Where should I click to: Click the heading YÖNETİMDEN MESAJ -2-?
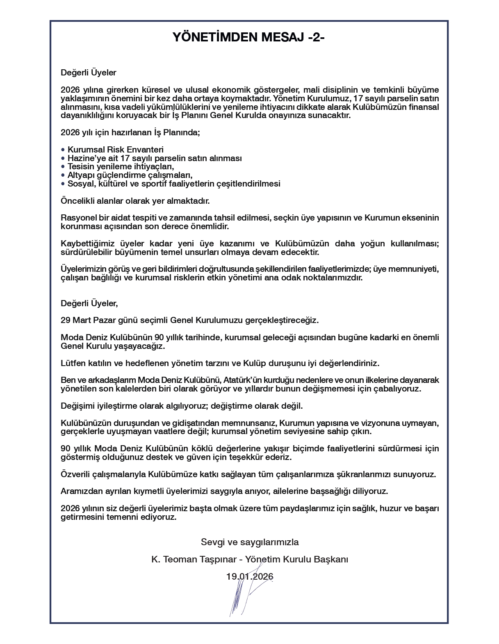[249, 38]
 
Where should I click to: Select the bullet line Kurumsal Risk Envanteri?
[115, 150]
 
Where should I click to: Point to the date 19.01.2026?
[250, 576]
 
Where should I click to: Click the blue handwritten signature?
[242, 594]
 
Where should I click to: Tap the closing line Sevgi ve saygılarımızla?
[250, 542]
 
